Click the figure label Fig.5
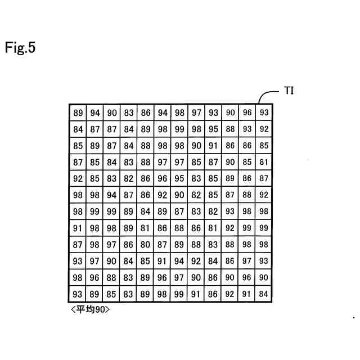[x=20, y=48]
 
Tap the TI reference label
[x=289, y=91]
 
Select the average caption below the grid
[x=90, y=309]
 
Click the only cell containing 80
[x=146, y=245]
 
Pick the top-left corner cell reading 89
[x=78, y=112]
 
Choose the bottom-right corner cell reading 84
[x=264, y=294]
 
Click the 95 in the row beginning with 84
[x=213, y=129]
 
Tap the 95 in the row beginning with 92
[x=179, y=179]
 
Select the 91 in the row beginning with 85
[x=213, y=146]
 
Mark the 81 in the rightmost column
[x=264, y=162]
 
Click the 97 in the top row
[x=196, y=112]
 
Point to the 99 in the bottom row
[x=179, y=294]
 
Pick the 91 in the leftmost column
[x=78, y=228]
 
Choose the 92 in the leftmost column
[x=78, y=179]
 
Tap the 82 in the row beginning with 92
[x=129, y=179]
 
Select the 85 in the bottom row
[x=112, y=294]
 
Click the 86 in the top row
[x=146, y=112]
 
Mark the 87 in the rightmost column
[x=264, y=179]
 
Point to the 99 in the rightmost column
[x=264, y=228]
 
